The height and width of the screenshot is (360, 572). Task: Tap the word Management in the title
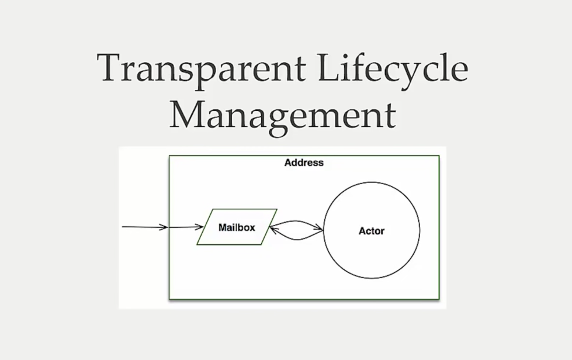283,115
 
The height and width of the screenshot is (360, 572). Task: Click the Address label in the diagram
304,163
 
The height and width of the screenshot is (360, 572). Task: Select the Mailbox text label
237,227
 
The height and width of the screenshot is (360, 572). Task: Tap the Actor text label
372,231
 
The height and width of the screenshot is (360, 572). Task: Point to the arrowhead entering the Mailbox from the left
200,227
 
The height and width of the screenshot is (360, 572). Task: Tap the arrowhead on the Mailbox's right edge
273,229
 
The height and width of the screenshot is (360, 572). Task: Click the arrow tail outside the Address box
124,226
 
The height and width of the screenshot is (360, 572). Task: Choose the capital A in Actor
362,231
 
